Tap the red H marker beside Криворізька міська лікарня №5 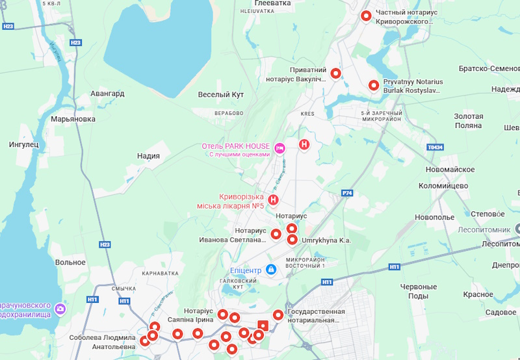(274, 200)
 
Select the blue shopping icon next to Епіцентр (271, 269)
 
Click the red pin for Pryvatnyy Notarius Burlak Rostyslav (373, 85)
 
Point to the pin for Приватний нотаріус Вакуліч (336, 73)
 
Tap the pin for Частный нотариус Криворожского (366, 16)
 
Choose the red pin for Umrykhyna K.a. (292, 239)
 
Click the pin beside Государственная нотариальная (278, 315)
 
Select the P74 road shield (348, 193)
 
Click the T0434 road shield (434, 148)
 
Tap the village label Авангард (107, 94)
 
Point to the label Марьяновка (73, 119)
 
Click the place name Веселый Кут (220, 95)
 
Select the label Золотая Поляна (468, 120)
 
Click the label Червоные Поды (418, 291)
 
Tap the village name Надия (148, 156)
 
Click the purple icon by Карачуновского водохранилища (60, 309)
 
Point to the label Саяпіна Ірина (190, 320)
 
